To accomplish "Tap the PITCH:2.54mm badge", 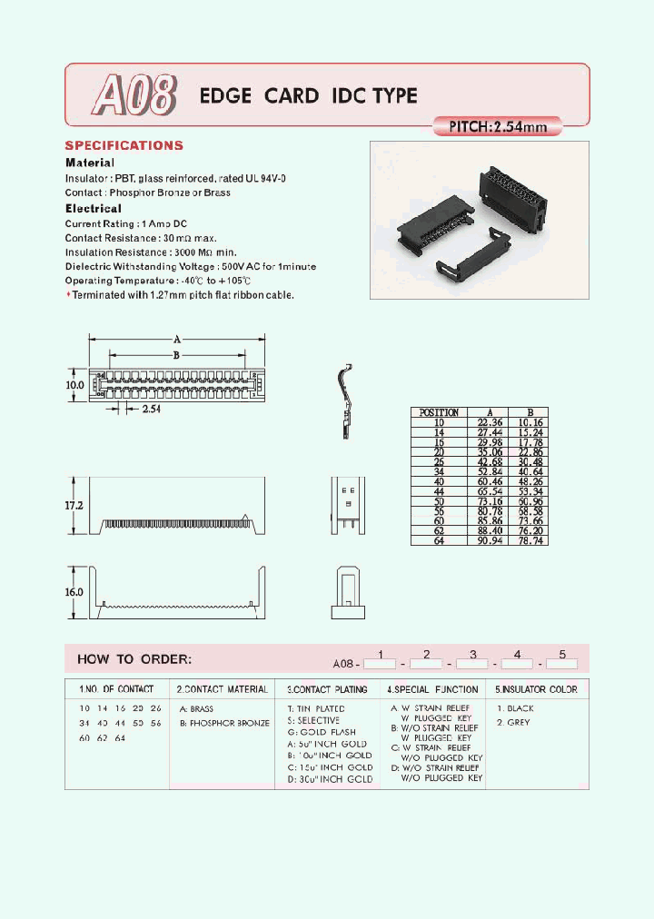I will pos(499,127).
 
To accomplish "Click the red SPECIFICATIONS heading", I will pos(124,145).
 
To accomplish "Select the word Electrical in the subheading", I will pos(93,208).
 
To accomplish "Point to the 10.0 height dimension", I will pos(74,385).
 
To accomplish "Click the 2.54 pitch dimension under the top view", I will pos(152,410).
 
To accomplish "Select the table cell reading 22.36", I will pos(484,422).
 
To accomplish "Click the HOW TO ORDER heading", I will pos(134,659).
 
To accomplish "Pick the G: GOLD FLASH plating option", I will pos(322,732).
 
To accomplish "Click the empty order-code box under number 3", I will pos(472,665).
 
